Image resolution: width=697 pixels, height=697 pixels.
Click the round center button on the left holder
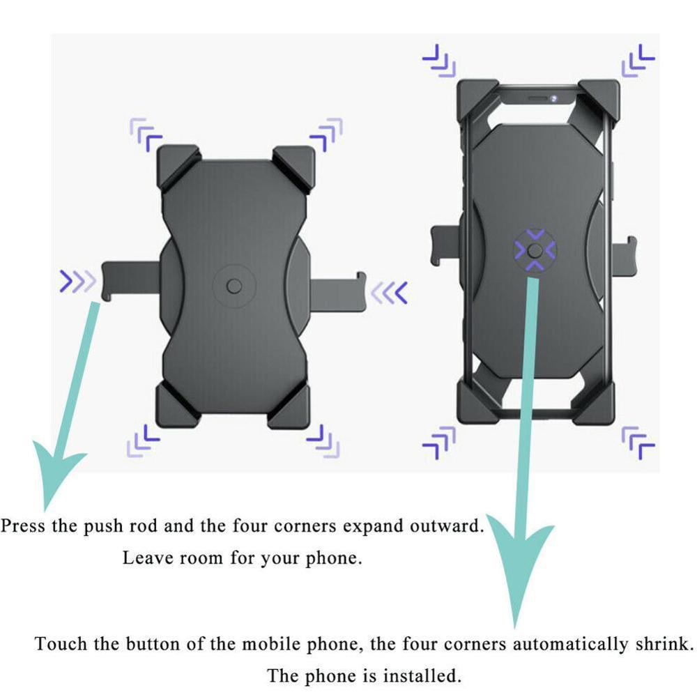[235, 285]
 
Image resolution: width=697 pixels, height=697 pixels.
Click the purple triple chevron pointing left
[389, 293]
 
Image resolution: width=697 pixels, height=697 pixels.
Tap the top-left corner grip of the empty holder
[178, 166]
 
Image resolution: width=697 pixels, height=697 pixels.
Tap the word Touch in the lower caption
[61, 643]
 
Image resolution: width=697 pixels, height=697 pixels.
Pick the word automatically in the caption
[569, 643]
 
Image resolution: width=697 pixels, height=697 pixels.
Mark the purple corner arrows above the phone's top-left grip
[439, 60]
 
